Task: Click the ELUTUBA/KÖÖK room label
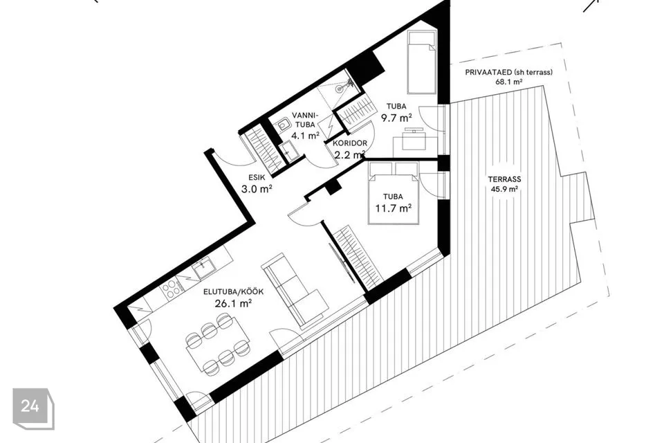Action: tap(233, 291)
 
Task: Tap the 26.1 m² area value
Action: tap(234, 304)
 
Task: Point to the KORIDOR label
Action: tap(350, 143)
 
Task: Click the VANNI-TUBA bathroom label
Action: tap(305, 120)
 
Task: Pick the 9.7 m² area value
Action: tap(396, 118)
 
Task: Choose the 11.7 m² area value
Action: tap(394, 208)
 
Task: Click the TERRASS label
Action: tap(504, 179)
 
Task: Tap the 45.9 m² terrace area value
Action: tap(504, 189)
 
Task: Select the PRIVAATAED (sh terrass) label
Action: tap(508, 72)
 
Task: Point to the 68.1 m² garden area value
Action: tap(508, 82)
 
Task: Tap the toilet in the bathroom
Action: tap(282, 125)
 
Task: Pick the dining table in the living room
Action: tap(218, 345)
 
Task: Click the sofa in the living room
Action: tap(295, 291)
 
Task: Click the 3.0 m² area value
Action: tap(257, 189)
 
